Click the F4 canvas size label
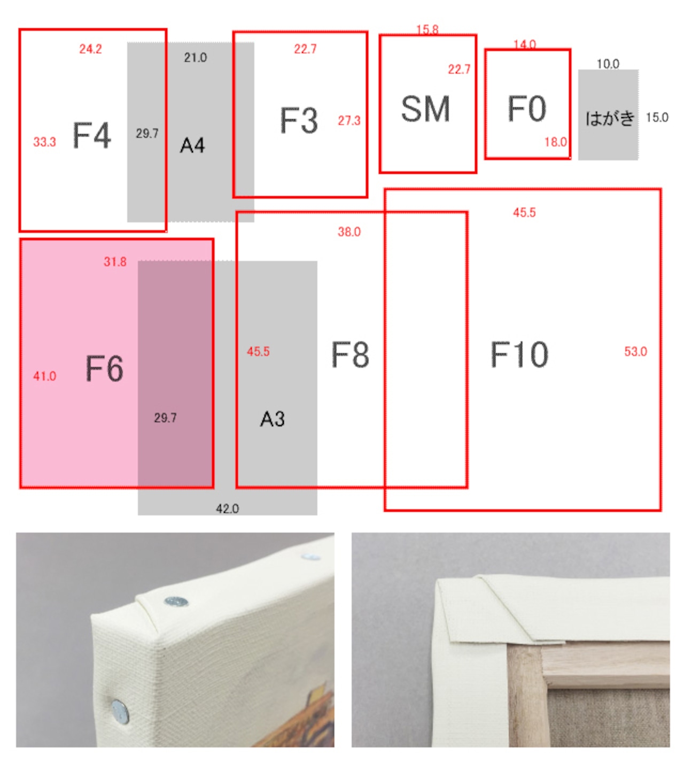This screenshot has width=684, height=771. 92,135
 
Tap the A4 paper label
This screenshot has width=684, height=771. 192,145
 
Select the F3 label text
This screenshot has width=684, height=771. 299,120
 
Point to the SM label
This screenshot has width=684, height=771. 425,109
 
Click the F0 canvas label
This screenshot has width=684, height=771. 527,109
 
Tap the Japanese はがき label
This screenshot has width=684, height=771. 610,118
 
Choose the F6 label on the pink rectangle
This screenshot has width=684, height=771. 104,368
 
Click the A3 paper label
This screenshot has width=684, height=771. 273,419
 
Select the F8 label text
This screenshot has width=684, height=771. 350,354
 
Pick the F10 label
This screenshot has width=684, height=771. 519,354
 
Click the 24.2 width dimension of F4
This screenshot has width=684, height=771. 90,49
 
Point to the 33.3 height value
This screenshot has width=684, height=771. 44,142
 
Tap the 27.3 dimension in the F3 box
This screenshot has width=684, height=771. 349,121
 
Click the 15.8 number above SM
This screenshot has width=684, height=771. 427,29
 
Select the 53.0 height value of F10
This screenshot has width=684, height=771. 635,351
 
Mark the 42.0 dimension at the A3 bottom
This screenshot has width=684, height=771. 227,509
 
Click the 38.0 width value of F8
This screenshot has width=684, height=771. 349,232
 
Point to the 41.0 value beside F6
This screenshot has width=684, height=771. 44,376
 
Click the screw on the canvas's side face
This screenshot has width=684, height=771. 120,712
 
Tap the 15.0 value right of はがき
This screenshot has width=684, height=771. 657,117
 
